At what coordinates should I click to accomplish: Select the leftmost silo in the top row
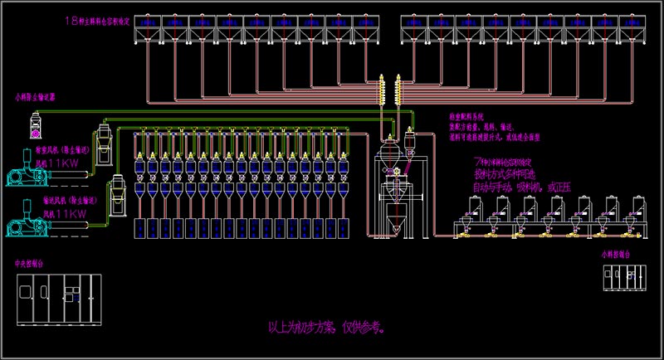coord(147,29)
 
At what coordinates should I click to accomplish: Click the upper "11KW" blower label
coord(60,165)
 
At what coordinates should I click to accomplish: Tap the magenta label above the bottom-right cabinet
coord(615,256)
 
